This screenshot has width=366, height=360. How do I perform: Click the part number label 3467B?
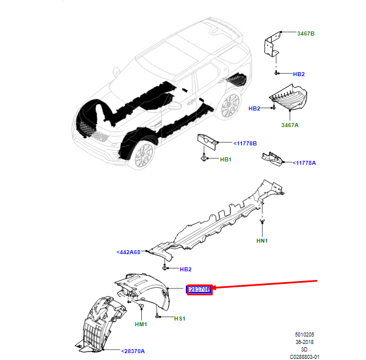coord(305,34)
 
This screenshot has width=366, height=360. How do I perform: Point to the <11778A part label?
coord(304,163)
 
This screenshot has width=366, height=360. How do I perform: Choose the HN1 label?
coord(262,241)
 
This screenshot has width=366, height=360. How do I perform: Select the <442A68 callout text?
coord(129,251)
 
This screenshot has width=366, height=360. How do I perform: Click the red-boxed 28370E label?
coord(200,290)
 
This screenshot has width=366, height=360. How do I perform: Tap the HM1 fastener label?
coord(141,325)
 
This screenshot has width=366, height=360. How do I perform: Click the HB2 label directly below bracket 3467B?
coord(299,74)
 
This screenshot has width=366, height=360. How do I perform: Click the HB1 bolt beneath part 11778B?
coord(205,156)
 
